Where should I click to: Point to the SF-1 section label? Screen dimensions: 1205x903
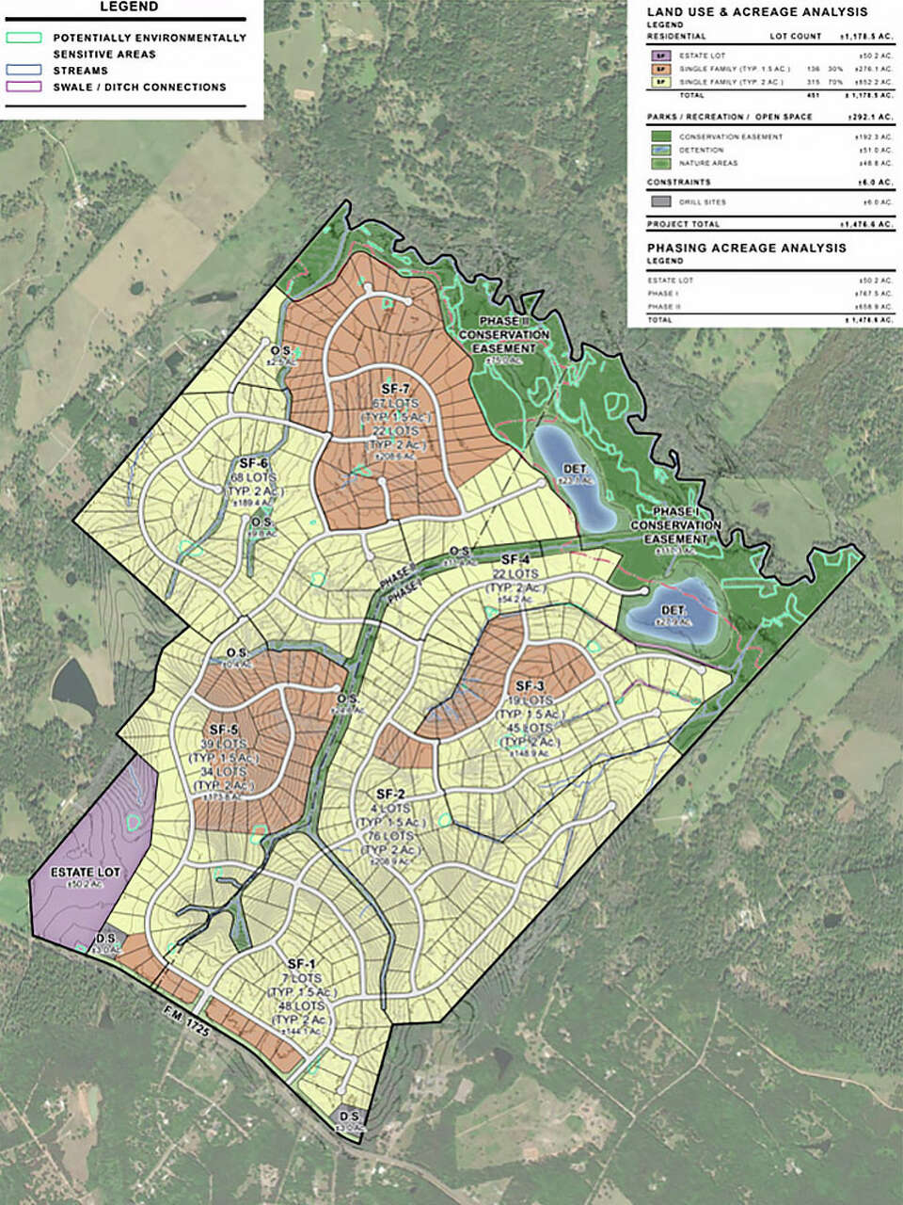coord(300,963)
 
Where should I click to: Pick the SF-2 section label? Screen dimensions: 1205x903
coord(389,794)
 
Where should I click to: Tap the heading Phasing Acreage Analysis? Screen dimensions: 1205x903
coord(746,248)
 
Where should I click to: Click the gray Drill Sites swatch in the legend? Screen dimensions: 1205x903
coord(660,201)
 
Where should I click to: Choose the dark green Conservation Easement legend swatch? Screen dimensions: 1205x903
coord(660,137)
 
